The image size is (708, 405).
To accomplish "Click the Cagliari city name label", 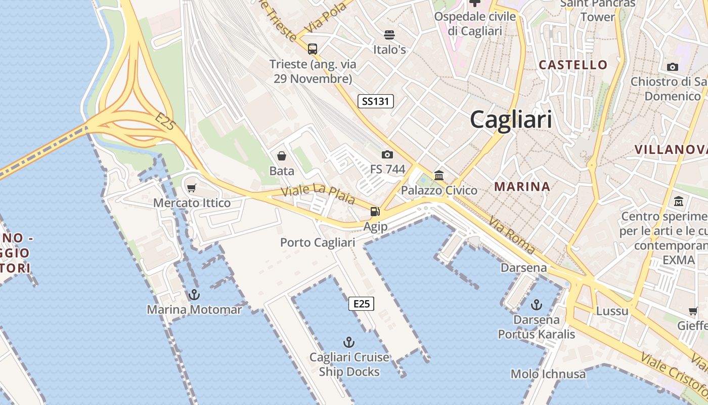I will (x=511, y=120).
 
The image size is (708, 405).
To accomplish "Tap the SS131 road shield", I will (x=376, y=101).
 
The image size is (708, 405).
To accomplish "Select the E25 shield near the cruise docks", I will (x=362, y=304).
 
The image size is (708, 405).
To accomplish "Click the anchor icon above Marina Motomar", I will (x=194, y=294).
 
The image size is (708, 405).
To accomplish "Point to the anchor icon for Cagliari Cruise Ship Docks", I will (x=349, y=342).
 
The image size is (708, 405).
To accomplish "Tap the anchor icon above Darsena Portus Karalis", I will (x=536, y=305).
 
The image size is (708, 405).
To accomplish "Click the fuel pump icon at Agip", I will (x=375, y=212).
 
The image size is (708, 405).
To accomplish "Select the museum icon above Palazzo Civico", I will (x=439, y=176).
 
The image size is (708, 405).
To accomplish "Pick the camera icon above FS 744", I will (x=387, y=154).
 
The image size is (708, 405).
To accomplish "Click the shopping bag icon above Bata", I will (x=282, y=156).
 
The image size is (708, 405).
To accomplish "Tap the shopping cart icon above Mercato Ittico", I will (x=192, y=188).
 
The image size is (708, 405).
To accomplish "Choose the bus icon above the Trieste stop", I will (x=313, y=49).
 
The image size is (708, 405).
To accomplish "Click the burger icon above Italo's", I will (x=389, y=35).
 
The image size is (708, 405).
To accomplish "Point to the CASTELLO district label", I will (x=573, y=65).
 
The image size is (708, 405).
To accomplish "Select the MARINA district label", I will (x=522, y=186).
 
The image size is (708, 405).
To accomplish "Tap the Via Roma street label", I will (x=512, y=235).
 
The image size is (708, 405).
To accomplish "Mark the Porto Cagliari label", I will (x=318, y=242).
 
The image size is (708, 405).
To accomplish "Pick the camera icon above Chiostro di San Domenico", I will (x=673, y=67).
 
